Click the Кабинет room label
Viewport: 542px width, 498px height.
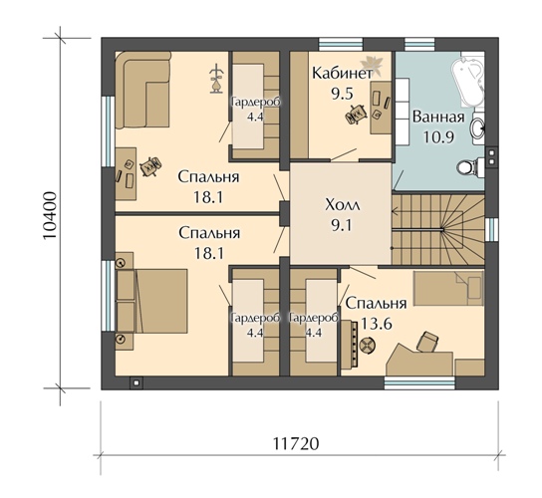tap(342, 74)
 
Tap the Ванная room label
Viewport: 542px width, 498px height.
tap(438, 118)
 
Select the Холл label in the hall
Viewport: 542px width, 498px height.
tap(343, 205)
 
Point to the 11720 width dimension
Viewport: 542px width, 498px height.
tap(296, 444)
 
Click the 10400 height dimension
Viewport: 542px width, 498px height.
tap(50, 215)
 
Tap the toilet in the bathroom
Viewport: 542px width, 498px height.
tap(471, 167)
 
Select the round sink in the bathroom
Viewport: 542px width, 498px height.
tap(477, 127)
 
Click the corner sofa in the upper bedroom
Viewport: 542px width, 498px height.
tap(142, 90)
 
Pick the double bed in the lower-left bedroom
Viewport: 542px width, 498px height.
tap(151, 301)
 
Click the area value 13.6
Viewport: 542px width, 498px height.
tap(377, 324)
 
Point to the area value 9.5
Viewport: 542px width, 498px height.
tap(342, 94)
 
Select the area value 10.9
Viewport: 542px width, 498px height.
tap(438, 137)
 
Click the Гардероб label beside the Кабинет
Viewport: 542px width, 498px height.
tap(256, 103)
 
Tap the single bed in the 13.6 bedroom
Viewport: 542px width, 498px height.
tap(448, 288)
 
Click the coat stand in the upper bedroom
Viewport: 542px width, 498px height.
tap(217, 79)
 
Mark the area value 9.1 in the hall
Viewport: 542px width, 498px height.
tap(341, 226)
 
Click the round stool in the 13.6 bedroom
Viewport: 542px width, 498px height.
tap(367, 346)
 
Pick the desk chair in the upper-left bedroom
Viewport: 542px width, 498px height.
tap(150, 166)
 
